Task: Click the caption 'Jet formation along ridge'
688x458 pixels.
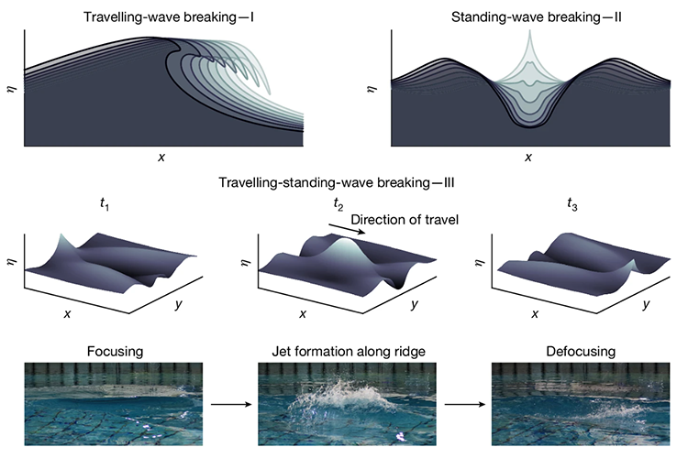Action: pos(347,351)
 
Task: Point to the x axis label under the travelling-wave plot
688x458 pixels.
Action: pos(161,158)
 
